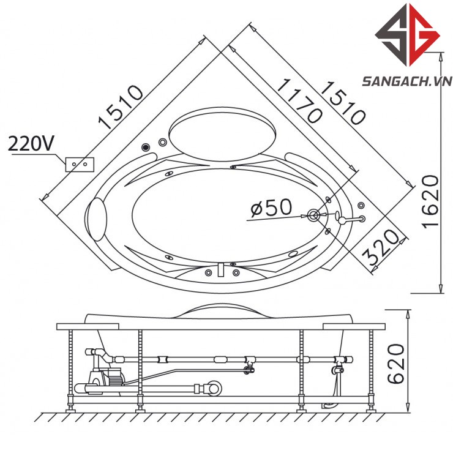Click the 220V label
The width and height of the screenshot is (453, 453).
[x=31, y=144]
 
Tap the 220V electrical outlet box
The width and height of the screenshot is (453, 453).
[x=80, y=165]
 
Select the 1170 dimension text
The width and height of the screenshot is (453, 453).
[x=299, y=100]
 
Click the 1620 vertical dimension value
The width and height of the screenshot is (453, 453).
[x=431, y=201]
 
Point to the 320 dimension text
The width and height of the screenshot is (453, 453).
[x=381, y=247]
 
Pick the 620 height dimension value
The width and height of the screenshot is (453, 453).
[x=395, y=364]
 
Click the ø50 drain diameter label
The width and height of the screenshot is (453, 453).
[x=271, y=207]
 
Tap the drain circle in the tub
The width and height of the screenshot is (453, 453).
[x=313, y=215]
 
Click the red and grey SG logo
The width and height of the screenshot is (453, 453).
[x=408, y=35]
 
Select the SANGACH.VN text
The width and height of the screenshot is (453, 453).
[x=407, y=81]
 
